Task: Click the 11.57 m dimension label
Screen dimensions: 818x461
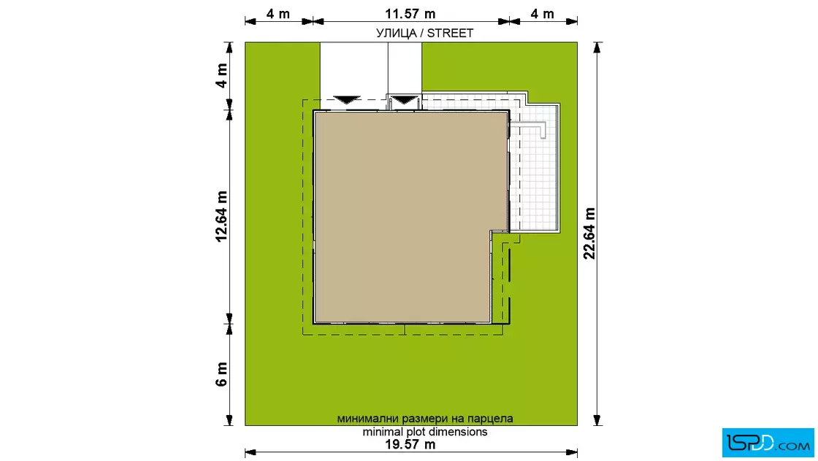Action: point(410,14)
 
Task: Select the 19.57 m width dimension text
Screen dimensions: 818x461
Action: point(410,444)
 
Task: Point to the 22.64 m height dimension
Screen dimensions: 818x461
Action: point(589,233)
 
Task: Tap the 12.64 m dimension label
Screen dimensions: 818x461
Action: point(222,216)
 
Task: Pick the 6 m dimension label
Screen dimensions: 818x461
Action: point(222,374)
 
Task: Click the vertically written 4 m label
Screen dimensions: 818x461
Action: point(222,76)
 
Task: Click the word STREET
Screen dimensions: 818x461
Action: point(450,34)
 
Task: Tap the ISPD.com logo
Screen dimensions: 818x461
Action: point(768,443)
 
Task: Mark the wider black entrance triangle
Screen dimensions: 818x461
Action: point(347,100)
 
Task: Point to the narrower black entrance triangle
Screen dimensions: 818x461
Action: point(405,100)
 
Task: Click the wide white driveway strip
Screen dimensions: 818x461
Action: point(353,70)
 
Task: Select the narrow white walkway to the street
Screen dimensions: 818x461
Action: point(405,69)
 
